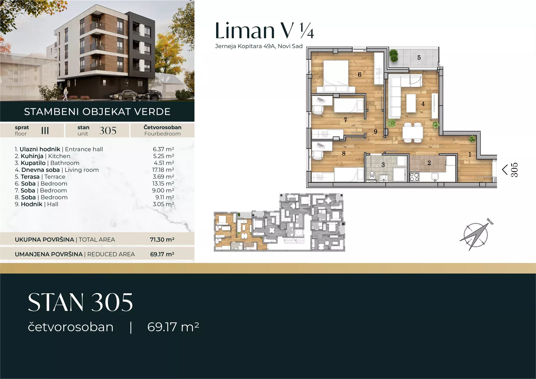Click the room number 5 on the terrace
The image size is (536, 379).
(419, 58)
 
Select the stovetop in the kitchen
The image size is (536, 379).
(415, 177)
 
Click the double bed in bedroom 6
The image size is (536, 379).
(336, 76)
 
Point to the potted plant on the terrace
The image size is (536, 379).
(393, 55)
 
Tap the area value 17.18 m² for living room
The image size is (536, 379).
(163, 170)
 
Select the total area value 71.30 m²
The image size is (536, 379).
(162, 239)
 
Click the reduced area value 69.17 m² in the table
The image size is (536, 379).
(162, 254)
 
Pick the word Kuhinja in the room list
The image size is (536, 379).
(32, 156)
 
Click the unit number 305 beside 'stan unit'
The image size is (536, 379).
(108, 131)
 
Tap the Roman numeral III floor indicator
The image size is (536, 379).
(45, 131)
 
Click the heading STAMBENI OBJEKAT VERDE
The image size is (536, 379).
(97, 112)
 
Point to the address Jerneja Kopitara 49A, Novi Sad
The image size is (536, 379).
(259, 46)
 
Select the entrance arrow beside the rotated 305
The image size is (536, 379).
(505, 170)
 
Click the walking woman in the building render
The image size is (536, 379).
(65, 94)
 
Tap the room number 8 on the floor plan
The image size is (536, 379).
(344, 153)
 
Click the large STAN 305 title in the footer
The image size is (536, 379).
(80, 302)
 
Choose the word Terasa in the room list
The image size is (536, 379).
(30, 177)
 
